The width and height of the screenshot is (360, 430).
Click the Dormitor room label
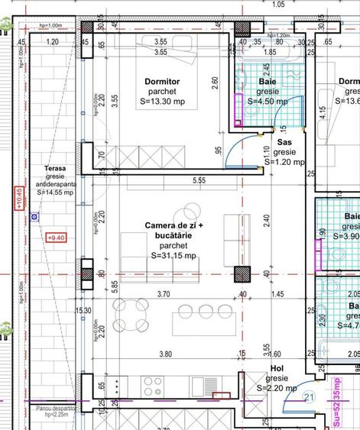(161, 81)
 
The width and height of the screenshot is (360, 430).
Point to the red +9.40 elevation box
(56, 238)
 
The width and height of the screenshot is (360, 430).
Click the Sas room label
(285, 142)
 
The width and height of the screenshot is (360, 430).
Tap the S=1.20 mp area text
(285, 162)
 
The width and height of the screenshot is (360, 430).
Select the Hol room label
(277, 390)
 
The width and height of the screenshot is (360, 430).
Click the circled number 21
(310, 417)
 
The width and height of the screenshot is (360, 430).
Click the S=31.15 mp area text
(175, 256)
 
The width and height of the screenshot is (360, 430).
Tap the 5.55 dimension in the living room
(199, 180)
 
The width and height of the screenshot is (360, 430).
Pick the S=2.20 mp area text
(276, 409)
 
